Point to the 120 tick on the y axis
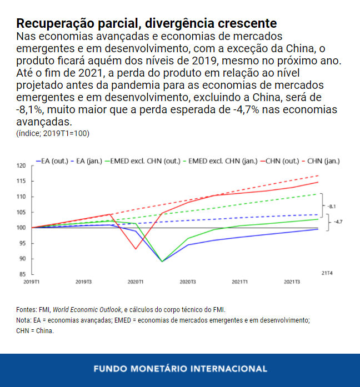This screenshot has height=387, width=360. click(22, 165)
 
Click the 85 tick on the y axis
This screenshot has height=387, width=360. click(23, 274)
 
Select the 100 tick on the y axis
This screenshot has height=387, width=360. click(22, 228)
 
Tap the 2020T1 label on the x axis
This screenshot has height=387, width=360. click(135, 282)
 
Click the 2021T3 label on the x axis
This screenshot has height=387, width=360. click(292, 282)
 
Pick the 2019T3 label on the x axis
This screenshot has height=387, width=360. click(83, 282)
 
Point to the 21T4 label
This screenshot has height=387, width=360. click(326, 273)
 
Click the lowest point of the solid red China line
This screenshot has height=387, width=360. click(136, 249)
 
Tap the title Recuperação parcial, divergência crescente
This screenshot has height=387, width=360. click(147, 24)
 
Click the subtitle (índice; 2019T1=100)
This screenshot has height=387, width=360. click(53, 133)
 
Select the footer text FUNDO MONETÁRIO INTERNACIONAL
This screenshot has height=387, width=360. click(180, 369)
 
